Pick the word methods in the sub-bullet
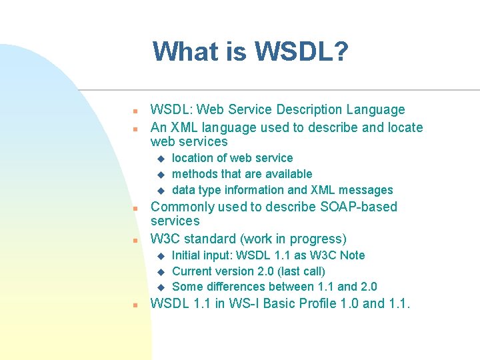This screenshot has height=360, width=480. tap(195, 174)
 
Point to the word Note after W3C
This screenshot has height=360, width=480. tap(351, 255)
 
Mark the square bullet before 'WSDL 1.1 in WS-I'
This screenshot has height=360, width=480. tap(135, 305)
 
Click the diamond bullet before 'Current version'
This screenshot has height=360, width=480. tap(160, 272)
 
